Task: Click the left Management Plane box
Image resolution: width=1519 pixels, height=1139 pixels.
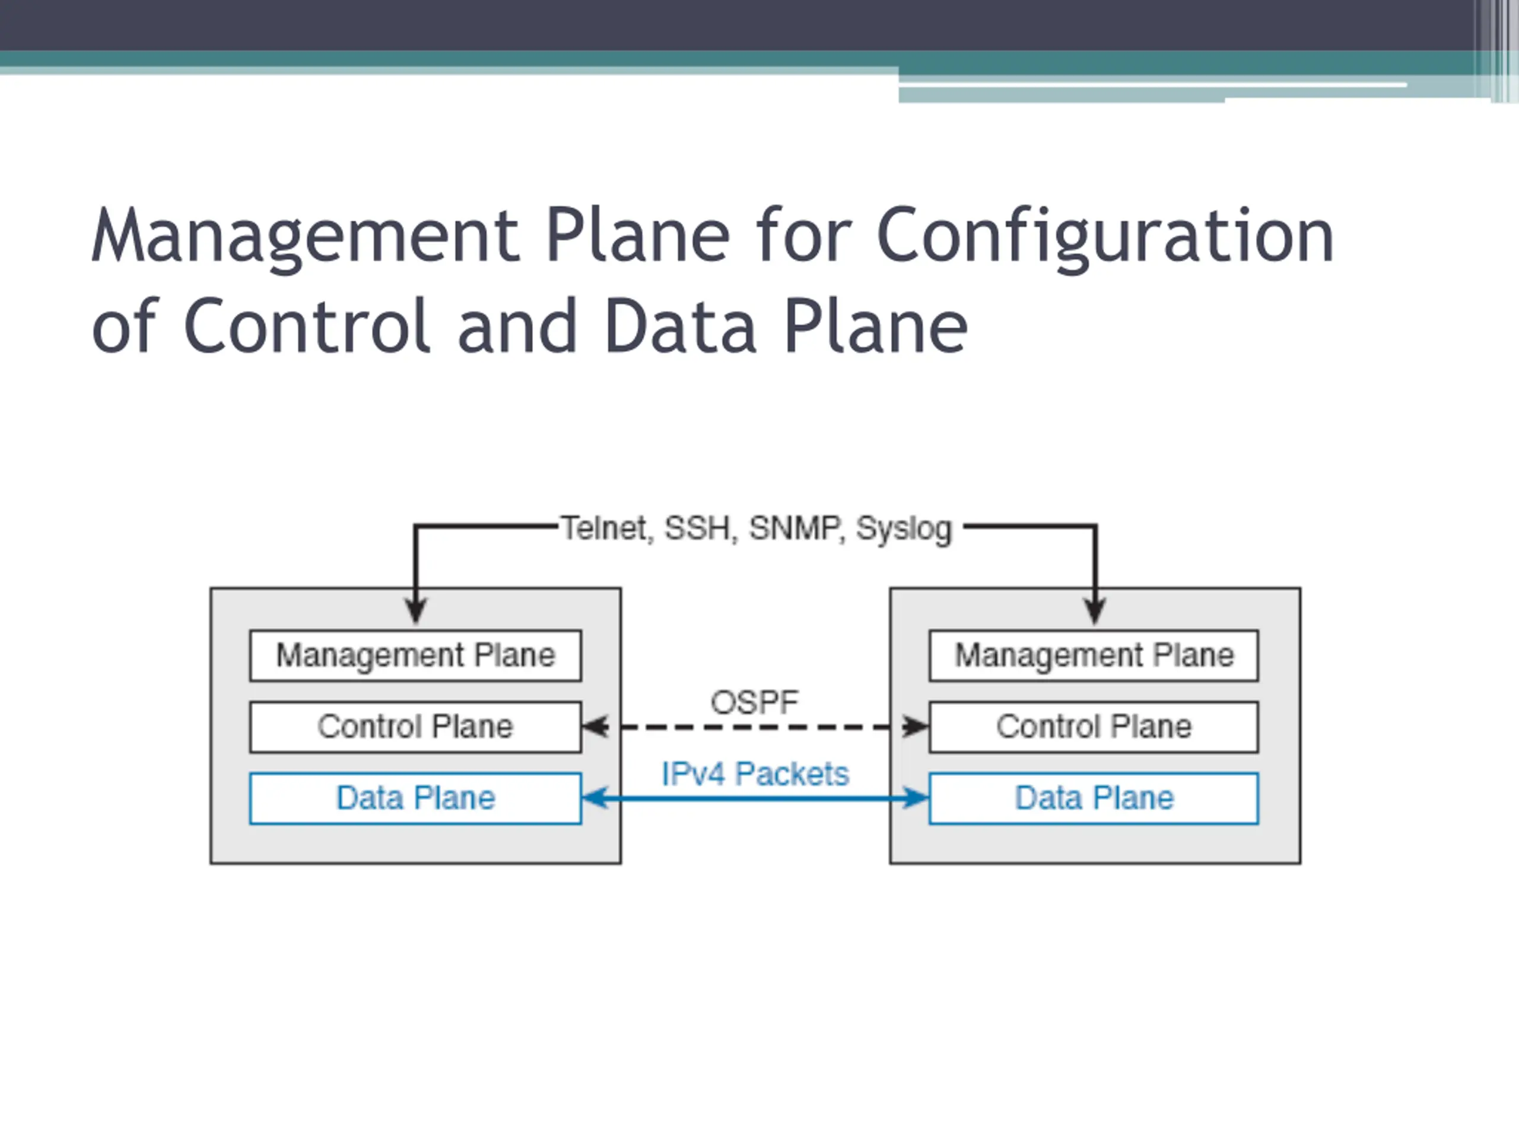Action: click(415, 655)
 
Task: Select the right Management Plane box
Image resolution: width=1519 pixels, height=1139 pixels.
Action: click(1094, 655)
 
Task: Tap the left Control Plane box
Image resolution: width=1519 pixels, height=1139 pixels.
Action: click(415, 726)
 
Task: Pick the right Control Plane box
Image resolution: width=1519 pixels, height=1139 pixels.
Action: click(1094, 726)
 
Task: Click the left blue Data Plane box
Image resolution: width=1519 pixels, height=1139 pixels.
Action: click(415, 798)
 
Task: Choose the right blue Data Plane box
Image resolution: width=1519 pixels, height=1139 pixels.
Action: click(1094, 798)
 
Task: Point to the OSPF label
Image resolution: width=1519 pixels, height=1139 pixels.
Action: click(755, 702)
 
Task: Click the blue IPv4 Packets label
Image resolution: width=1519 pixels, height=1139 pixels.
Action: click(755, 774)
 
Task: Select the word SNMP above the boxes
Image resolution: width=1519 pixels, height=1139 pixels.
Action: click(795, 528)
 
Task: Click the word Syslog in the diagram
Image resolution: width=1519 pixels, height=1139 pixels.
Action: click(904, 529)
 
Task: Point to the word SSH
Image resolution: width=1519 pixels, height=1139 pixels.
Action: click(698, 528)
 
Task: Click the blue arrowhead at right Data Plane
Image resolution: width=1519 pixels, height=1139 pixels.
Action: click(916, 798)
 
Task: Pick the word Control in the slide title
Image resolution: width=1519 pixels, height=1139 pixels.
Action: click(307, 326)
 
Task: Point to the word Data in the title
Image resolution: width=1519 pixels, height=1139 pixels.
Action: click(680, 326)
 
